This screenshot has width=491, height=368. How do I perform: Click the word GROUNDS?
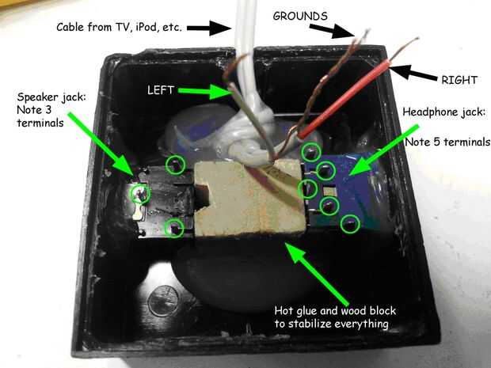[x=300, y=16]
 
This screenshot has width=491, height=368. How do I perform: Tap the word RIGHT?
[x=459, y=80]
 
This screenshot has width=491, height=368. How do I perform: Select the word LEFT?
[x=161, y=90]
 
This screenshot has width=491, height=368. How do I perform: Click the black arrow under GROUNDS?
[x=333, y=32]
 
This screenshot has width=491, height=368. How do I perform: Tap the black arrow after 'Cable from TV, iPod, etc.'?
[x=209, y=28]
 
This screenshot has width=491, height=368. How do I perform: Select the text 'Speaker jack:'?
[x=51, y=97]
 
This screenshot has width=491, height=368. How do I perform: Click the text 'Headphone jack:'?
[x=444, y=112]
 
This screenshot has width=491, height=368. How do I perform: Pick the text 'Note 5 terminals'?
[x=447, y=142]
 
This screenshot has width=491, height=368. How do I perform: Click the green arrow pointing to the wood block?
[x=317, y=273]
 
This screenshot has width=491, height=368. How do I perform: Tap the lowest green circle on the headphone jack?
[x=350, y=224]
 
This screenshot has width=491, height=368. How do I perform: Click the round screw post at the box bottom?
[x=163, y=301]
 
